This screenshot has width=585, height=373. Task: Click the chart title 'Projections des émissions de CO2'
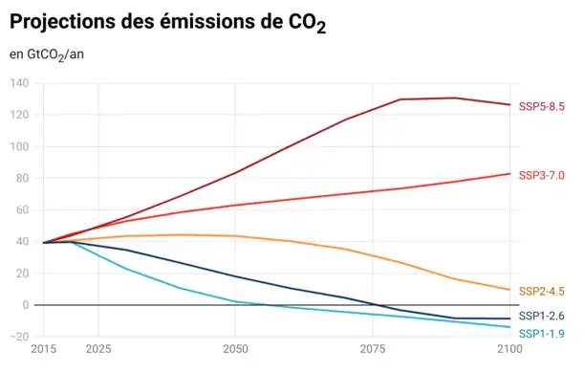pos(168,23)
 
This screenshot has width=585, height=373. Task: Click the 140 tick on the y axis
pos(20,83)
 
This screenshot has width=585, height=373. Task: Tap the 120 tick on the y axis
pos(20,115)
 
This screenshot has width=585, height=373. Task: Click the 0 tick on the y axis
pos(26,305)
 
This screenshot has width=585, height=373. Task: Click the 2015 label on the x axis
pos(43,352)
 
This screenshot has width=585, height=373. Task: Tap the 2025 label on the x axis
pos(97,352)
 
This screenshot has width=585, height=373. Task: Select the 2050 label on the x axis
pos(235,352)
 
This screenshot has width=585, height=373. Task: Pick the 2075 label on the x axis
pos(373,352)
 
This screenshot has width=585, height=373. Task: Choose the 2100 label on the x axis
pos(509,352)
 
